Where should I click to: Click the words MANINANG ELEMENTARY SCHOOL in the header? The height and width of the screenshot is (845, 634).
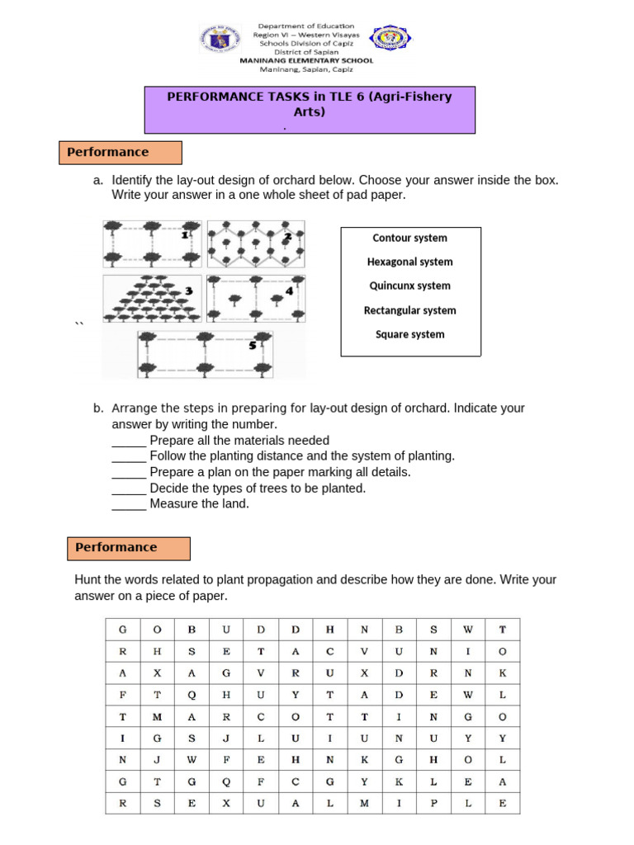point(305,60)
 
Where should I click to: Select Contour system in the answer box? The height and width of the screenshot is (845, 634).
point(409,238)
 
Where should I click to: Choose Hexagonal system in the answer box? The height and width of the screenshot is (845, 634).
point(409,262)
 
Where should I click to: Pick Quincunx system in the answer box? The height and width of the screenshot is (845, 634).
point(409,286)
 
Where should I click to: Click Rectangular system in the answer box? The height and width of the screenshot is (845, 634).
point(409,310)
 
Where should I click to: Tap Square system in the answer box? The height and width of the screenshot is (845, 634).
point(409,334)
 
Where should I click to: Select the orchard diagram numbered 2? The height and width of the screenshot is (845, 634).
point(255,243)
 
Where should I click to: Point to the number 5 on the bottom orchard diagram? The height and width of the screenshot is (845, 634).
point(252,345)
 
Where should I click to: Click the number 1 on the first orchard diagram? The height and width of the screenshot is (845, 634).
point(186,235)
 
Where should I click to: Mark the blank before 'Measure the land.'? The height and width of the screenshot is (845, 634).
point(129,504)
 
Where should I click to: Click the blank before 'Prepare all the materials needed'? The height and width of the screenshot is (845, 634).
point(129,441)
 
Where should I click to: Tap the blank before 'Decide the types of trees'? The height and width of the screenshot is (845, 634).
point(129,489)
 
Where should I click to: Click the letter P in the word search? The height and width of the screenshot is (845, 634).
point(433,801)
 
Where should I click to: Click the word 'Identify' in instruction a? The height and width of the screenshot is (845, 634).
point(133,180)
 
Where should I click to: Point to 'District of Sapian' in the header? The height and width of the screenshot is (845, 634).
point(305,52)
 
